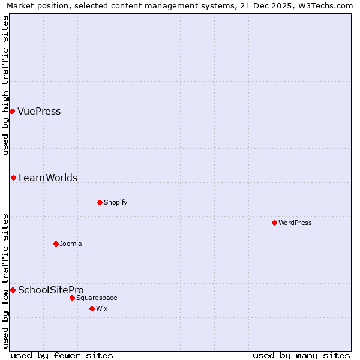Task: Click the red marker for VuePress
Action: [12, 111]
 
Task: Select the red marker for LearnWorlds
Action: [13, 178]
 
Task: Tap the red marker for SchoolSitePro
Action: [13, 290]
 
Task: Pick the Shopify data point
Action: [100, 202]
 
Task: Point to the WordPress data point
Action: [274, 223]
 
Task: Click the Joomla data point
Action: [56, 244]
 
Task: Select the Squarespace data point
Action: [72, 298]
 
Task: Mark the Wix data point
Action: [92, 308]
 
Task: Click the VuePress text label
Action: [39, 111]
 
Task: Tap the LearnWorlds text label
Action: [48, 178]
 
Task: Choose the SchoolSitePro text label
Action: [51, 290]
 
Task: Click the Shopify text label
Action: [116, 202]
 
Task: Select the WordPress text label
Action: [295, 223]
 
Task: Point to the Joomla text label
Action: [71, 244]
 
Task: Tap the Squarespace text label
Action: [97, 298]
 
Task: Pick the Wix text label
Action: [101, 308]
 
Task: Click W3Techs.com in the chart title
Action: [325, 6]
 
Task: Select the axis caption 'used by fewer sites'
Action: [62, 355]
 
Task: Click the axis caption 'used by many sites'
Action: [301, 355]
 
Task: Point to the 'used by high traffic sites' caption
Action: [6, 85]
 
